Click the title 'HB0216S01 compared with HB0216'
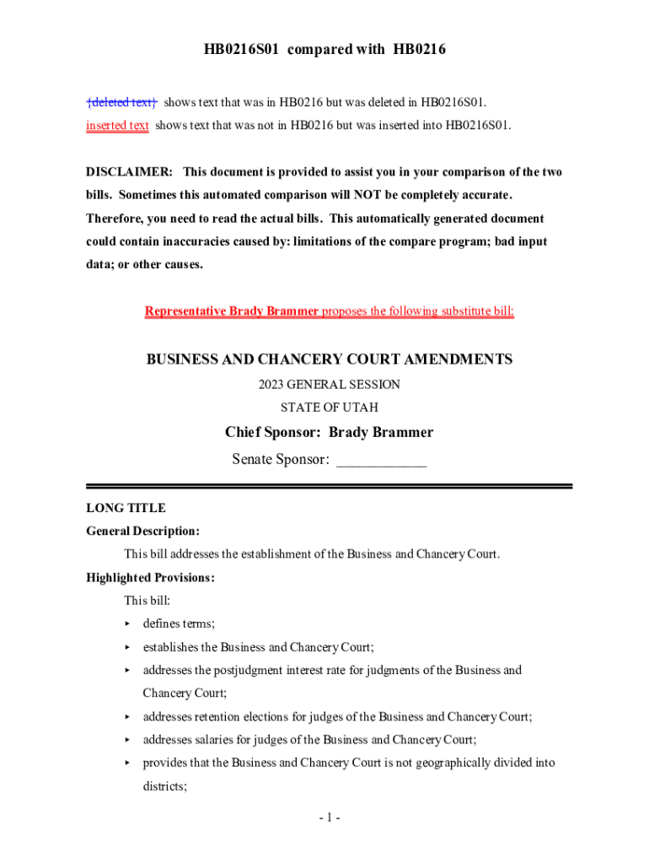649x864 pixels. tap(324, 50)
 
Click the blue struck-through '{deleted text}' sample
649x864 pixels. tap(121, 103)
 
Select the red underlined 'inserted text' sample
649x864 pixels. tap(117, 126)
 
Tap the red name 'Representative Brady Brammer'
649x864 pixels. tap(232, 311)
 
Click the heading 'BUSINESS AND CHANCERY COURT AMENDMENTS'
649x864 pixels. tap(330, 359)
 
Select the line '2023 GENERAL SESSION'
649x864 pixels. tap(330, 385)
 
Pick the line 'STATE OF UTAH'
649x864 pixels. tap(330, 408)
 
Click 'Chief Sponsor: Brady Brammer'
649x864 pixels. tap(330, 433)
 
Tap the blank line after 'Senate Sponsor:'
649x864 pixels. tap(381, 461)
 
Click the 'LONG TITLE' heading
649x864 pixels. tap(126, 508)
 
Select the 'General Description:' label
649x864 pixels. tap(143, 532)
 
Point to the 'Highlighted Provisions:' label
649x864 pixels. tap(150, 578)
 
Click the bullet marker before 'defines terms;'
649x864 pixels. tap(127, 624)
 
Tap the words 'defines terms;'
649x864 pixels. tap(179, 624)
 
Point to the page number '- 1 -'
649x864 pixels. tap(330, 818)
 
